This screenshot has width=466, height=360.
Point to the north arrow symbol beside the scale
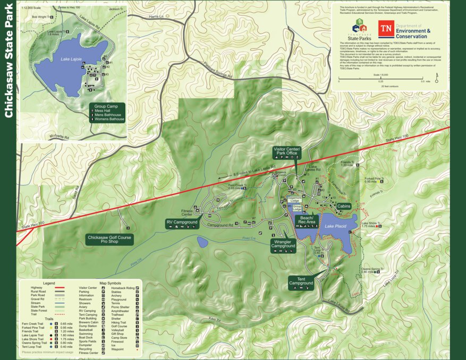coord(436,80)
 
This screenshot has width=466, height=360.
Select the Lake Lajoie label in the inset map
coord(71,59)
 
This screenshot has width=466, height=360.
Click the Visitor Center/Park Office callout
coord(287,151)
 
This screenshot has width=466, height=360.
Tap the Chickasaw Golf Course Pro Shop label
coord(109,240)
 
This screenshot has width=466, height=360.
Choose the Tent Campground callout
coord(301,281)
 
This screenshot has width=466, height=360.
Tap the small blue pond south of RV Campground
coord(202,242)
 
